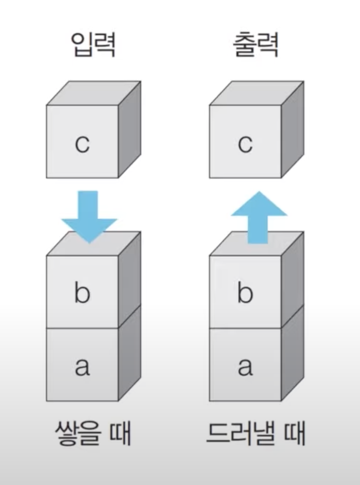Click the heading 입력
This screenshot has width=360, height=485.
click(x=92, y=45)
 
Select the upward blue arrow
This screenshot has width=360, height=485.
click(x=259, y=216)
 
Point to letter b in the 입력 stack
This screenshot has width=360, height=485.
click(x=82, y=292)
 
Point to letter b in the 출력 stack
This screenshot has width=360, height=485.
click(x=245, y=292)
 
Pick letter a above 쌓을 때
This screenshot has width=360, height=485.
click(x=82, y=366)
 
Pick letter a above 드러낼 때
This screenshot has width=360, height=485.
click(x=245, y=366)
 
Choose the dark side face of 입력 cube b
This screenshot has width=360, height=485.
click(x=130, y=280)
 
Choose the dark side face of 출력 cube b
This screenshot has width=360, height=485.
click(x=293, y=280)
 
